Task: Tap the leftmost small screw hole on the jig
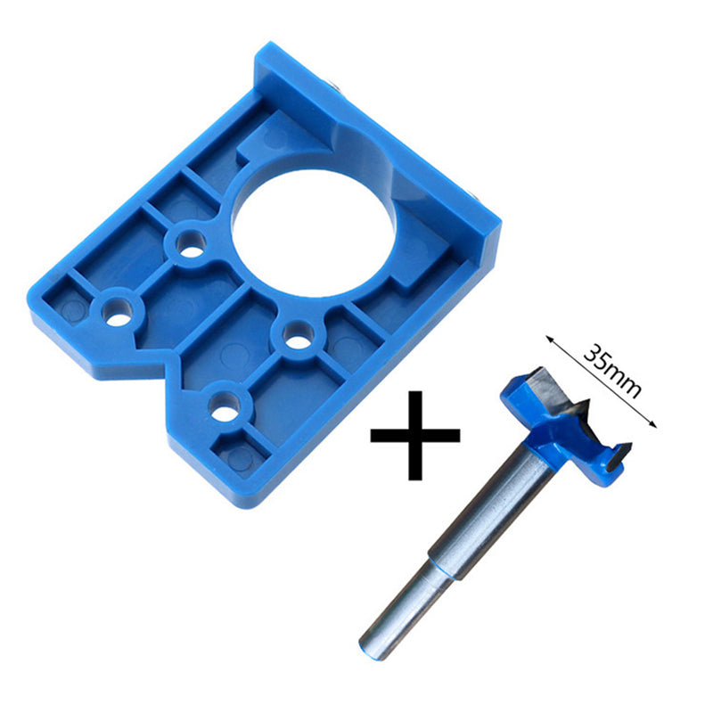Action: pos(117,309)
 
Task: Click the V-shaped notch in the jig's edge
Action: pos(165,365)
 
